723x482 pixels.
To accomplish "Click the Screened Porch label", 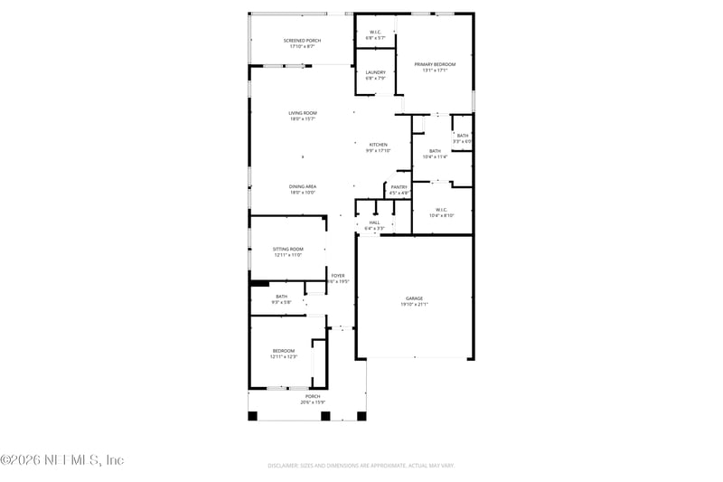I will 301,41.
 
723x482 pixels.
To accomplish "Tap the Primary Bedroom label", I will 435,64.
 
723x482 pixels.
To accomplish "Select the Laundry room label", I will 375,72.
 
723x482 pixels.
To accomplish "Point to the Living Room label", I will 302,113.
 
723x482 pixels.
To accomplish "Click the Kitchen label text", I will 378,145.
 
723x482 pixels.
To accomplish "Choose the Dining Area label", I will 302,186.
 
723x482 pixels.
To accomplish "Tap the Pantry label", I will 399,187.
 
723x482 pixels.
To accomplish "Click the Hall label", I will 374,222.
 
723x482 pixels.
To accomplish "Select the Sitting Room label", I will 287,249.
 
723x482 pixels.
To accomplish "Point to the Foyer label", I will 337,275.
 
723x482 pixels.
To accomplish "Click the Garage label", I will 414,298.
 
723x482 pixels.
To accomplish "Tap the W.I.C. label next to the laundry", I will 375,33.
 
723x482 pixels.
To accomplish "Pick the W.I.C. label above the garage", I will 442,210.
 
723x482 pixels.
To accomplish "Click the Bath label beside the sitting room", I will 281,297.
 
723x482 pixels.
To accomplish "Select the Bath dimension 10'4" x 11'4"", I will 435,157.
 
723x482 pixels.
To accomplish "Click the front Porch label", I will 312,396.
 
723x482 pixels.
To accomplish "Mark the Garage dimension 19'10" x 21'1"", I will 414,305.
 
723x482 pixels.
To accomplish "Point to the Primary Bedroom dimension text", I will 435,71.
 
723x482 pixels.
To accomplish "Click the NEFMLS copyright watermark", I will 62,460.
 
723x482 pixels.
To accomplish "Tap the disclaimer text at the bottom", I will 361,465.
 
